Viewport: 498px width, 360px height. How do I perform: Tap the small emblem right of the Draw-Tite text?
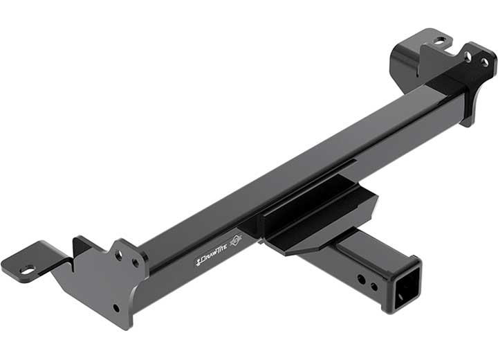point(235,242)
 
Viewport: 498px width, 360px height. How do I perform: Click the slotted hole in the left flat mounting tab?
point(27,269)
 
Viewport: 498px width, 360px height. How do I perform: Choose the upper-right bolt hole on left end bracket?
point(136,262)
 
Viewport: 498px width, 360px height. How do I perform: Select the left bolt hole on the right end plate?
point(468,56)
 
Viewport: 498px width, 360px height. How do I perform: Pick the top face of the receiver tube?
point(373,246)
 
